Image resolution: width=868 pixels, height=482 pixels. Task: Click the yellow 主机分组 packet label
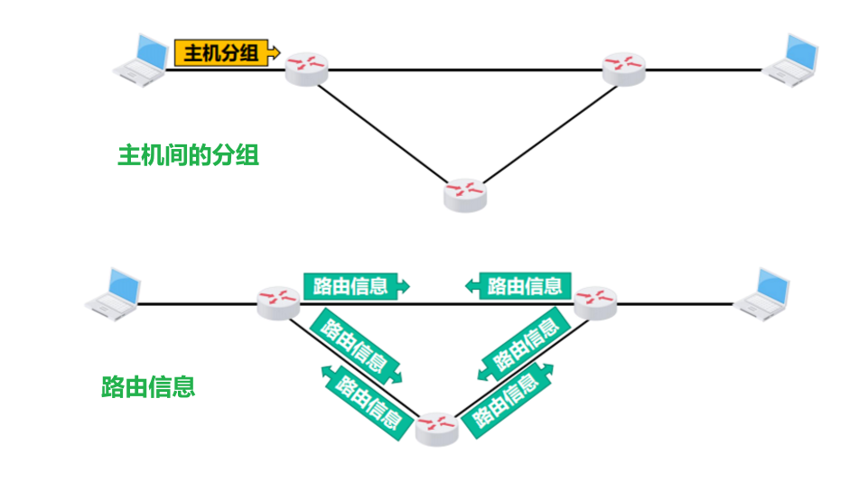pos(222,52)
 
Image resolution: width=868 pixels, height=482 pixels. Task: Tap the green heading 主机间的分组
pos(188,155)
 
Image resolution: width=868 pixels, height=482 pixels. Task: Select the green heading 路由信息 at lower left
pos(148,387)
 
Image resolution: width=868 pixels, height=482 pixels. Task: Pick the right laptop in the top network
pos(792,60)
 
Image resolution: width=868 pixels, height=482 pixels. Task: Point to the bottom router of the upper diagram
pos(465,194)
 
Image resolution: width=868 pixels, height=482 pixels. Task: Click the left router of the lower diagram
pos(278,302)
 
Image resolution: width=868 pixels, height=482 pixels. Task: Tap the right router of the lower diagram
pos(594,302)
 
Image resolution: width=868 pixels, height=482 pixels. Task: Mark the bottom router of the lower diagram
pos(437,428)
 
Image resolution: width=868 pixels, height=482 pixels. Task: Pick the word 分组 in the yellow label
pos(239,52)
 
